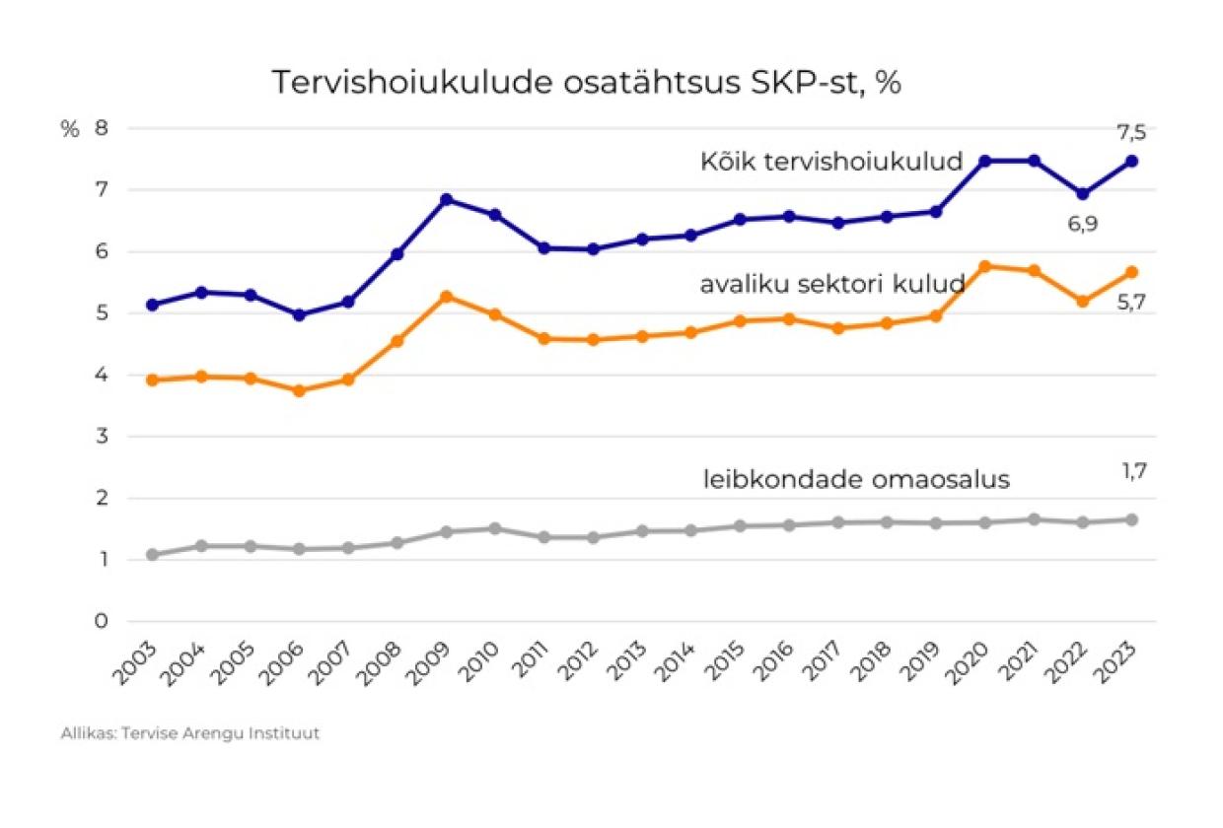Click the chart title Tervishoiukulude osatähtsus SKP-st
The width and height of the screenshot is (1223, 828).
click(x=587, y=83)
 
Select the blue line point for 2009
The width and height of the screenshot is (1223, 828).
click(x=446, y=199)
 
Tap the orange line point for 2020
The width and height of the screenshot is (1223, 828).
click(x=984, y=266)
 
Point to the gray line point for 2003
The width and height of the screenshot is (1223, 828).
click(x=152, y=555)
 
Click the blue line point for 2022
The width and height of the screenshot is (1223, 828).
click(x=1082, y=194)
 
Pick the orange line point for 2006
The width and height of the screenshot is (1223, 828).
click(x=299, y=390)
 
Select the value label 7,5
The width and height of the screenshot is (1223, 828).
click(x=1131, y=132)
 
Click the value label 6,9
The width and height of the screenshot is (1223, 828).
click(x=1081, y=224)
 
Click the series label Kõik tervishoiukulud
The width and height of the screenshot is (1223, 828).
click(x=830, y=161)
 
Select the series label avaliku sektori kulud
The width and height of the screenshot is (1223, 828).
click(x=831, y=285)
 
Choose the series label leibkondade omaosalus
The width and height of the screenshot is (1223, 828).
click(x=856, y=480)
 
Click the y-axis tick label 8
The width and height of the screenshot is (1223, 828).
click(x=101, y=129)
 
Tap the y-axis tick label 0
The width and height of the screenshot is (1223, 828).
click(x=101, y=621)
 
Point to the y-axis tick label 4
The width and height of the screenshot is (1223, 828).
click(x=101, y=375)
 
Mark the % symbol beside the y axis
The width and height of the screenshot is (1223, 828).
click(x=69, y=129)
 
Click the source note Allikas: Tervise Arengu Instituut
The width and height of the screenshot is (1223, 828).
click(x=190, y=733)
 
